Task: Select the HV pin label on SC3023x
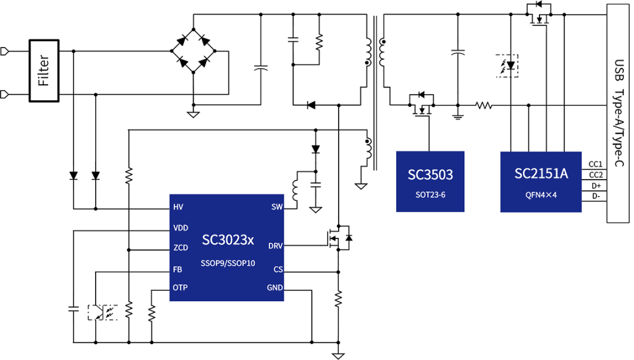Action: pos(178,207)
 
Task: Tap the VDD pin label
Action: pos(180,228)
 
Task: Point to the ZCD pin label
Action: pos(180,248)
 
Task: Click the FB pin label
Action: pos(177,269)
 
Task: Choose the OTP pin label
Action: pos(180,288)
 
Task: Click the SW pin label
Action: pos(277,207)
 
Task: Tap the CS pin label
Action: pos(278,269)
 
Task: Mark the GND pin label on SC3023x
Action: pos(275,288)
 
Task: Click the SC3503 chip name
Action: pos(430,174)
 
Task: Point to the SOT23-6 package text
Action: pos(430,194)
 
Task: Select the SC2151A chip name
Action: pos(541,174)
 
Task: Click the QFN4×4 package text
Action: pos(541,194)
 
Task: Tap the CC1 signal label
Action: pos(595,164)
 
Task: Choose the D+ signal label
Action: pos(595,186)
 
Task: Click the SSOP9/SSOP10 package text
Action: pos(228,263)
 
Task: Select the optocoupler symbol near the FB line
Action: pos(102,312)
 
